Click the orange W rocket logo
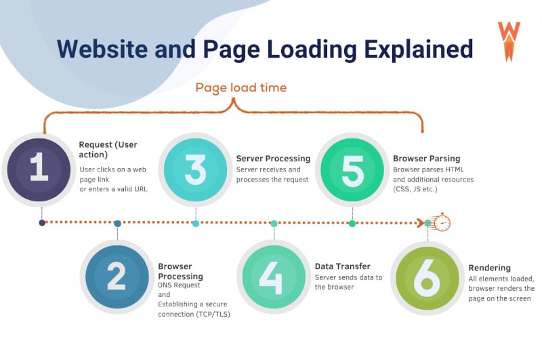(509, 41)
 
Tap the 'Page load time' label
(241, 88)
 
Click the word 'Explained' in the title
(419, 49)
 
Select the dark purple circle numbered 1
(39, 169)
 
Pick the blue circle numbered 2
(117, 277)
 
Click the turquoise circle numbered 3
(196, 169)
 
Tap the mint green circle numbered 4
(274, 277)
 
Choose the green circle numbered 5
(352, 169)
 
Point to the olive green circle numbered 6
(428, 278)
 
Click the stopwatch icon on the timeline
(442, 222)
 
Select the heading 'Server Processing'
(273, 159)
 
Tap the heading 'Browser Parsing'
(427, 159)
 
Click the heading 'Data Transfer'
(343, 266)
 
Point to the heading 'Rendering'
(489, 268)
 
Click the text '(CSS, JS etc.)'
(415, 189)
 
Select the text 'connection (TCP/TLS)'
(194, 314)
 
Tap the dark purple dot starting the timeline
(42, 222)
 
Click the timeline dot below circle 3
(196, 224)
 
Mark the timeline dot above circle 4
(274, 224)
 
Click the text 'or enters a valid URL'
(113, 189)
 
